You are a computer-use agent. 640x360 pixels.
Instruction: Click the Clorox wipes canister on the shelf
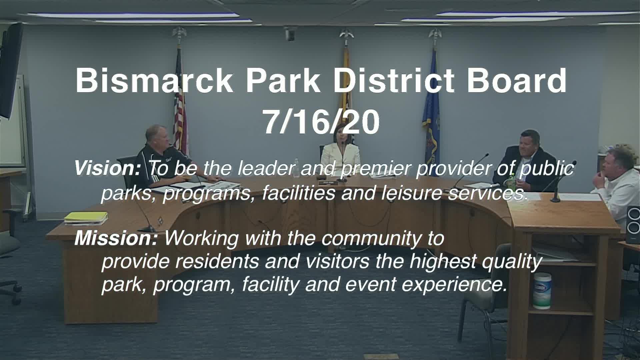[x=542, y=290]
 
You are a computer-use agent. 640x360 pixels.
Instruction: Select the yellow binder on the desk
[x=86, y=217]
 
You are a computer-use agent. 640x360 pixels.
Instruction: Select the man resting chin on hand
[x=617, y=180]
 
